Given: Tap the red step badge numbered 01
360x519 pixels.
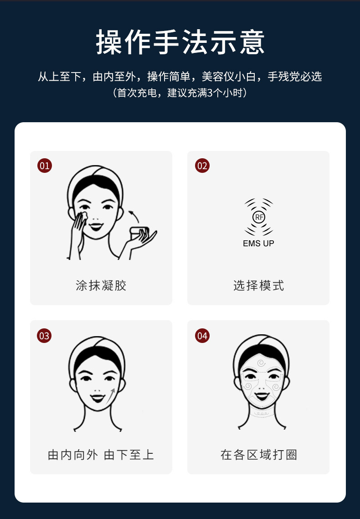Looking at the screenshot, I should [x=44, y=166].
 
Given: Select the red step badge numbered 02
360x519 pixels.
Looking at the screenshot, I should [x=202, y=166].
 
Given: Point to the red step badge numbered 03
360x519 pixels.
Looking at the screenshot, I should [x=44, y=336].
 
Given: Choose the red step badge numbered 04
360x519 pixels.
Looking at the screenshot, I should [x=202, y=336].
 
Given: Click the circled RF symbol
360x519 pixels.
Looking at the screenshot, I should [x=259, y=217].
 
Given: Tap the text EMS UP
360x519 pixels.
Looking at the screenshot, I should [x=258, y=244].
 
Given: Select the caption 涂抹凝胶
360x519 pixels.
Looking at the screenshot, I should [x=101, y=286].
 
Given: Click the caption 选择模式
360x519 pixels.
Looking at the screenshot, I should [x=258, y=286].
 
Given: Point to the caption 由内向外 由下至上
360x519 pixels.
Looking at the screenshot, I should [x=101, y=455].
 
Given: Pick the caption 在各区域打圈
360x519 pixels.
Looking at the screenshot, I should [x=258, y=455].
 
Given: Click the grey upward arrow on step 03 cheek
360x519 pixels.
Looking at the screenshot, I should [x=110, y=395].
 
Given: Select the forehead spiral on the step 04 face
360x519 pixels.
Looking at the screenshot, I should [x=261, y=363].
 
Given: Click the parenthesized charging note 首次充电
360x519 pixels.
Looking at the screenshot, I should [x=180, y=93].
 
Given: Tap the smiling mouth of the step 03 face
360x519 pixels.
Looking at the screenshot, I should [x=97, y=398].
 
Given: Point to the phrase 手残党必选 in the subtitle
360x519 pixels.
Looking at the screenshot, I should [x=294, y=77].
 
